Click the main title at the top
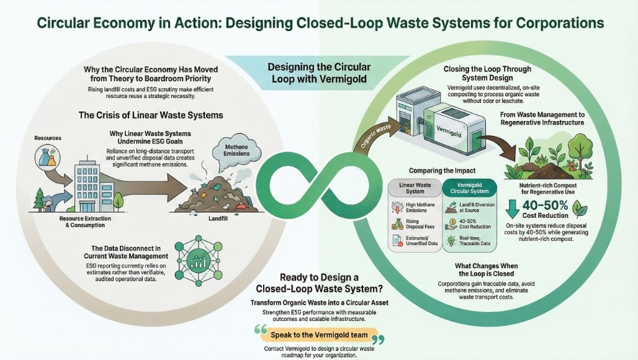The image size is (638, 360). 319,24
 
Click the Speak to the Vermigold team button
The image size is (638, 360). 318,336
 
